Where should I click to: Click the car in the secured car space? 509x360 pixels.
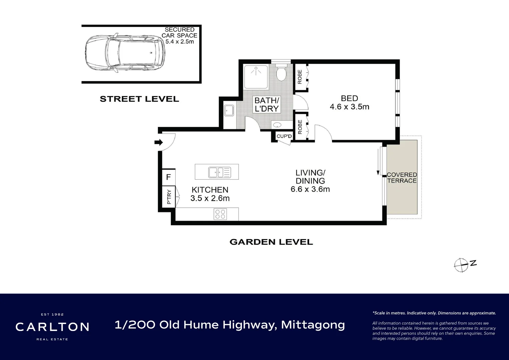(125, 53)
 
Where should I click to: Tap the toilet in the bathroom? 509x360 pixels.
(281, 73)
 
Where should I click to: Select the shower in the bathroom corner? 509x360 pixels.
(255, 76)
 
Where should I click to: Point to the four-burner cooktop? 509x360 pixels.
(220, 214)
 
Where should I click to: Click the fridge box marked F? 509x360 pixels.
(168, 177)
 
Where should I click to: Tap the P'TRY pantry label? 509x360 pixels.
(169, 197)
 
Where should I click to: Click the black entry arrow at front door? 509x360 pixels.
(159, 143)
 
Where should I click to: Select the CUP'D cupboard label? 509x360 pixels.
(284, 136)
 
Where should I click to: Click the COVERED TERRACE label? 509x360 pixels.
(402, 178)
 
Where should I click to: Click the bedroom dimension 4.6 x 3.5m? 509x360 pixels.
(349, 107)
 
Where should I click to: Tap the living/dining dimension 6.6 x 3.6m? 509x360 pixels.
(310, 189)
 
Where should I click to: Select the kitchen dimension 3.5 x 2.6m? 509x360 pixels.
(210, 198)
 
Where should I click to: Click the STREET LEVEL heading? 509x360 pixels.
(139, 99)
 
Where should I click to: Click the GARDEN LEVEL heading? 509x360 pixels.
(271, 242)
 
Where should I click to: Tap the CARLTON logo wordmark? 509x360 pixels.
(52, 327)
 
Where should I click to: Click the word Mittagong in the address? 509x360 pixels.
(313, 325)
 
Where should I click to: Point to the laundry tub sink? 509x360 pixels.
(229, 110)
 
